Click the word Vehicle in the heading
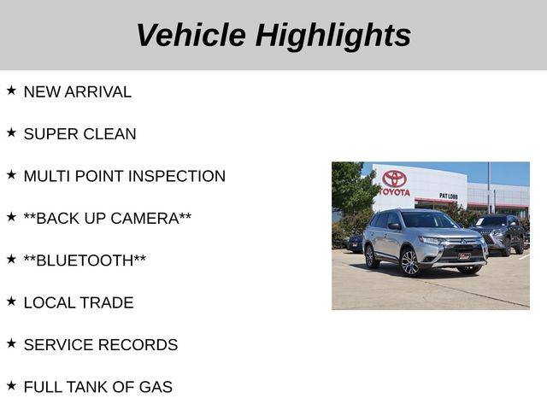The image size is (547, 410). (x=191, y=34)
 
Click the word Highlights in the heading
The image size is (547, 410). (x=333, y=37)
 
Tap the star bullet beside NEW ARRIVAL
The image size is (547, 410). (x=11, y=91)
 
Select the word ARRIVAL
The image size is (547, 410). (x=97, y=92)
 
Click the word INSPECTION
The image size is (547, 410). (x=177, y=176)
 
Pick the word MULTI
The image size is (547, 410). (x=47, y=176)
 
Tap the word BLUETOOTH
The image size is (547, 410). (x=85, y=261)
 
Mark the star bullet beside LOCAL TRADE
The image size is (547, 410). (x=11, y=302)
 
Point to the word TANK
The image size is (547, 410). (x=87, y=387)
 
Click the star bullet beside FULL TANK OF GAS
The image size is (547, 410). (x=11, y=385)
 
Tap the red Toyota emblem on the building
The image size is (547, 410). (x=394, y=179)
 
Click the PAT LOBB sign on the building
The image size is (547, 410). (x=448, y=196)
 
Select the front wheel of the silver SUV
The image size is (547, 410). (x=410, y=262)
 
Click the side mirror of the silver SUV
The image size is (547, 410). (x=394, y=226)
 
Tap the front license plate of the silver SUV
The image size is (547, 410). (x=464, y=256)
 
